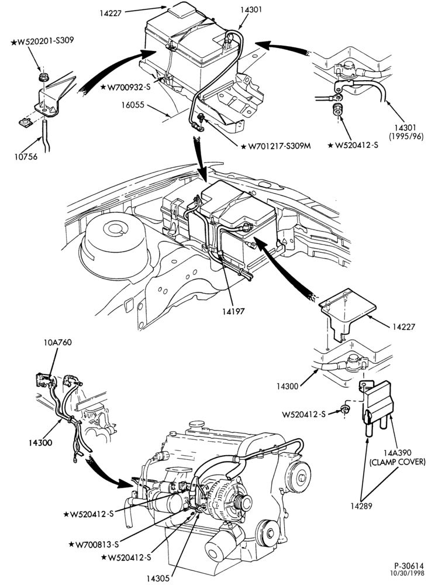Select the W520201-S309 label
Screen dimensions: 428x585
pos(42,41)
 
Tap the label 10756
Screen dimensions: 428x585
pos(26,157)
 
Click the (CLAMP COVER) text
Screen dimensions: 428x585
pos(397,462)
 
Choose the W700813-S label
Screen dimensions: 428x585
pos(94,544)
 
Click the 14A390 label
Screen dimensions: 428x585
pos(398,453)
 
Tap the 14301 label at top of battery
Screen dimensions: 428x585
pos(250,10)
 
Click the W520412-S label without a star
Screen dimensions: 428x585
pos(304,414)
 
